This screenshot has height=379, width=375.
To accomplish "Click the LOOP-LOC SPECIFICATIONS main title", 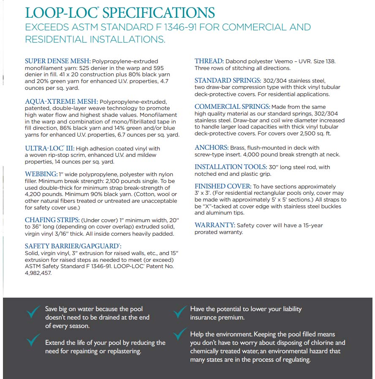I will click(x=120, y=12).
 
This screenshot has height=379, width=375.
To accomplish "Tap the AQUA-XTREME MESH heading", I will click(x=61, y=102).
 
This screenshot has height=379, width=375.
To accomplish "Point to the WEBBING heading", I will click(x=41, y=174).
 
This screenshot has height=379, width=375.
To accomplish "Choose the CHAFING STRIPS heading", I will click(x=52, y=220).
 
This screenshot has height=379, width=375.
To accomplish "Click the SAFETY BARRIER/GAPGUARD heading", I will click(x=73, y=246).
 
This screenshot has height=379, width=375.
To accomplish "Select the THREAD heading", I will click(x=209, y=61).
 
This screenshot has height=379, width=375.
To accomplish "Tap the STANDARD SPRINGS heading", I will click(x=228, y=81).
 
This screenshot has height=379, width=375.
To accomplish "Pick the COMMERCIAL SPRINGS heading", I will click(x=232, y=107).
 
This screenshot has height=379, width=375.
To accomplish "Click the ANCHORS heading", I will click(x=211, y=148).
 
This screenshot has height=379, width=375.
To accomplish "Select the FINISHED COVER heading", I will click(x=223, y=186).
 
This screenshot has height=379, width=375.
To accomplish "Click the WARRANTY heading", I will click(x=215, y=225).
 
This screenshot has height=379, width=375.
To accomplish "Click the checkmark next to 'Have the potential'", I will click(x=180, y=312).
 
